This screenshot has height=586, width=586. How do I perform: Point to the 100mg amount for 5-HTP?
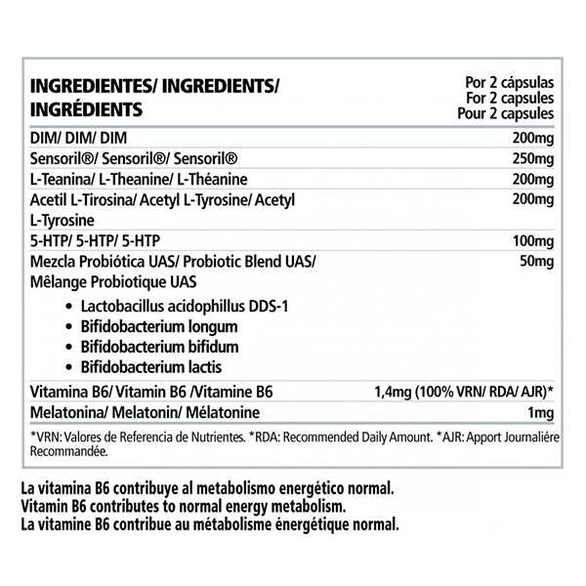(533, 239)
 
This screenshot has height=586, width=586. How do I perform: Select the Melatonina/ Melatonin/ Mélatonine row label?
(150, 413)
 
